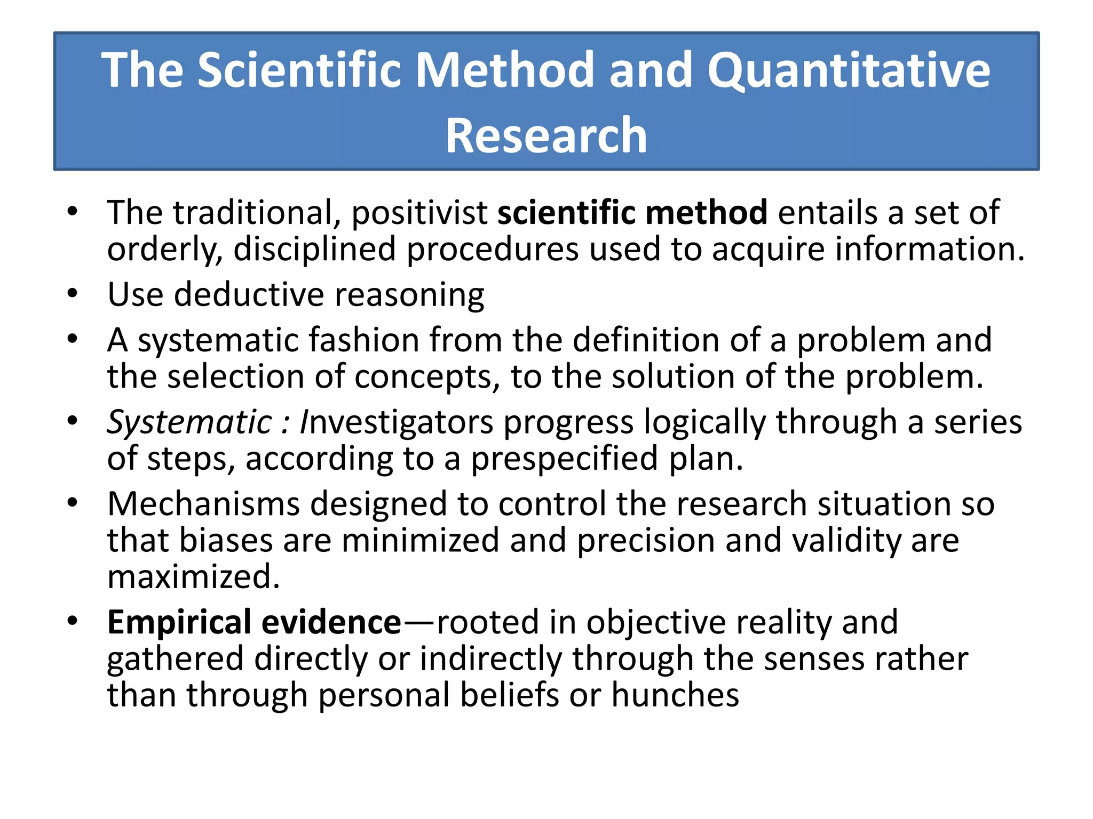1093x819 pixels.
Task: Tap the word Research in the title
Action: point(546,136)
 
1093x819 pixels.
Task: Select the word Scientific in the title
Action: point(299,70)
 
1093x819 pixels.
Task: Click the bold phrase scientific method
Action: point(632,212)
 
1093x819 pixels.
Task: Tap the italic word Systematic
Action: point(189,422)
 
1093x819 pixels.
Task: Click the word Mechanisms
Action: point(203,504)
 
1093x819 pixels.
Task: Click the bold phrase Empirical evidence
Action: point(254,622)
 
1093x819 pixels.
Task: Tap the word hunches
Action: point(675,695)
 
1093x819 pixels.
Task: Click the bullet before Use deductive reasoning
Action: point(73,293)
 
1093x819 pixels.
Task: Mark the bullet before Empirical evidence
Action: point(73,621)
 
